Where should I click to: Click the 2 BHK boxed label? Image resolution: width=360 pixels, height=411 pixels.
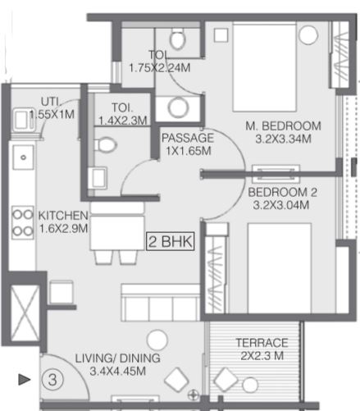coord(171,241)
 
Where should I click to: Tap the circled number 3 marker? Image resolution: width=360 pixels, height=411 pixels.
coord(52,380)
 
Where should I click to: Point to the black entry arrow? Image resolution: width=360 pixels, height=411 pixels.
coord(24,379)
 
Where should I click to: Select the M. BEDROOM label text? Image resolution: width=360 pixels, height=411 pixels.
coord(283,126)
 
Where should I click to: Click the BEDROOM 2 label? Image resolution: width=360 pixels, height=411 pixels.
coord(282,192)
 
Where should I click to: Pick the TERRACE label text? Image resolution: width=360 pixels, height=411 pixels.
coord(262,343)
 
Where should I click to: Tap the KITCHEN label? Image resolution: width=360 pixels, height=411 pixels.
coord(63,216)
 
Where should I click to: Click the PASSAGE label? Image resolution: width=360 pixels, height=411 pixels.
coord(188,138)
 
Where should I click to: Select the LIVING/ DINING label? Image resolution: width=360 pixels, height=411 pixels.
coord(118,358)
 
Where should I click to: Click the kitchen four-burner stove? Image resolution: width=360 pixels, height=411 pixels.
coord(23,222)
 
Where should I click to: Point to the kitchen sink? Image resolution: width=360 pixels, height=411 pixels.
coord(24,157)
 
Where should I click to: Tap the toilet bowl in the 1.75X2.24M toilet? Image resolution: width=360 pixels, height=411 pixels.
coord(178,39)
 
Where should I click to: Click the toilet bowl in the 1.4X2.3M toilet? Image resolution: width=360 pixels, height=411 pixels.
coord(106,144)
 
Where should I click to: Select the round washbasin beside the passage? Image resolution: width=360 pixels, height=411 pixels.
coord(178,107)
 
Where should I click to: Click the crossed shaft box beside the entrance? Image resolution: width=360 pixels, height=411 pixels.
coord(25,313)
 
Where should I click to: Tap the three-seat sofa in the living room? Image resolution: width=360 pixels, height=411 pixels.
coord(161,302)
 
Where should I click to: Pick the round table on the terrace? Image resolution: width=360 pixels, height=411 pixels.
coord(250,385)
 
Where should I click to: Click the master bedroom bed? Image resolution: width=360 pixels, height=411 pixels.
coord(265,67)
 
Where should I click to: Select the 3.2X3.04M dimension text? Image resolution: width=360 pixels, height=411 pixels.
coord(281,205)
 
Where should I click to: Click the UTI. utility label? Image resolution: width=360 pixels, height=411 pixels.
coord(51,102)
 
